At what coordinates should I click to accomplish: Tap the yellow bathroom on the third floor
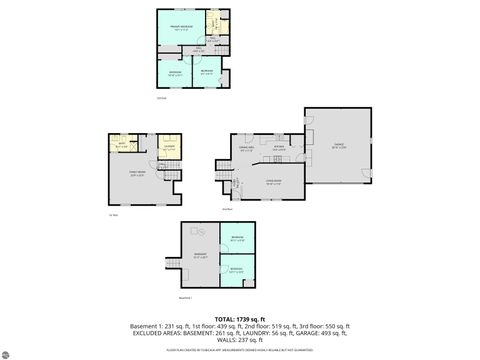click(x=214, y=23)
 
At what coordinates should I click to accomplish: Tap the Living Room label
click(x=272, y=182)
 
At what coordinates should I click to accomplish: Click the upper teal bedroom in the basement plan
click(x=237, y=239)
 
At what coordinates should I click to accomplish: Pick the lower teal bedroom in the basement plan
click(x=237, y=269)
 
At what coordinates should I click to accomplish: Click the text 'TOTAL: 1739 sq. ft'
click(x=240, y=318)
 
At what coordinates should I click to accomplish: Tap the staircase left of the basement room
click(x=172, y=262)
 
